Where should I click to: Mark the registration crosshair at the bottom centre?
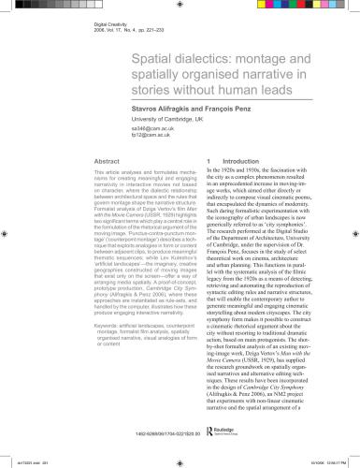(x=180, y=461)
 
